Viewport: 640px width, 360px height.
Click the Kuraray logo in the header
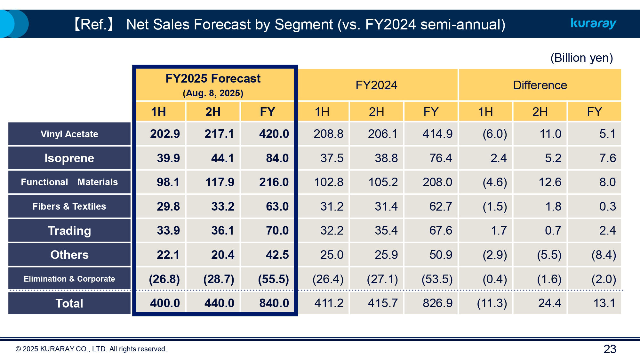593,23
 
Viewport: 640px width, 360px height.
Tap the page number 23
610,349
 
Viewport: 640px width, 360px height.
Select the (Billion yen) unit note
581,58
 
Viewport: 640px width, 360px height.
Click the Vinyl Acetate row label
69,134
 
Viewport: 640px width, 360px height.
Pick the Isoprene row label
69,158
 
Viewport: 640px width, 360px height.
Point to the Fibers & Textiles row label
69,206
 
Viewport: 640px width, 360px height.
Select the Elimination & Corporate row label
69,279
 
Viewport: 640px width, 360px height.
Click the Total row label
69,303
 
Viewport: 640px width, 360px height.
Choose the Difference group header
540,85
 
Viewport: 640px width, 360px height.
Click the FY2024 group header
376,85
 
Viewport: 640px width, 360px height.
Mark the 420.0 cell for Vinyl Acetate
274,134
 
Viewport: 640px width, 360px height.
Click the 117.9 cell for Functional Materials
220,182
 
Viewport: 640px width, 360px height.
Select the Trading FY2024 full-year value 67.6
441,230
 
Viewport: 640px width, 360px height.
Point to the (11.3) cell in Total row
492,303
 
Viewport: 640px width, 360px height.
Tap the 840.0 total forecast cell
274,303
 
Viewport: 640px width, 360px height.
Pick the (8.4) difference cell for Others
604,255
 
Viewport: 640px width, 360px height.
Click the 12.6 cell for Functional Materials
550,182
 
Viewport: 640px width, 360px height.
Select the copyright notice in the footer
91,349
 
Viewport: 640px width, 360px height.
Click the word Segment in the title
303,25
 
